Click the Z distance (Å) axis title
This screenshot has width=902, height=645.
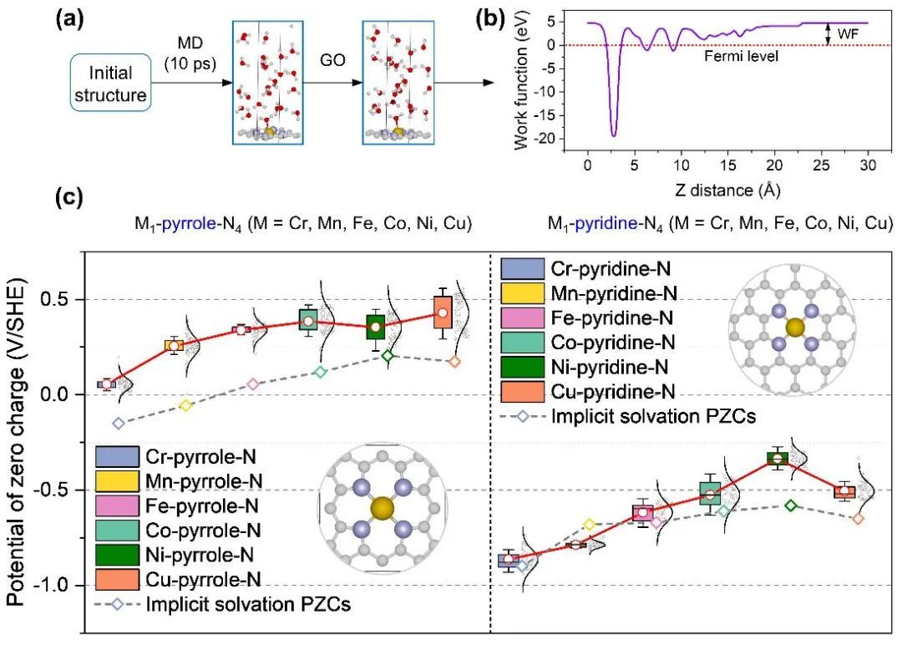click(716, 190)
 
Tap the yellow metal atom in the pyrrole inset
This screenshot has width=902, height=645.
click(383, 508)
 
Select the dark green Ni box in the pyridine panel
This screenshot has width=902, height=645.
click(778, 458)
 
